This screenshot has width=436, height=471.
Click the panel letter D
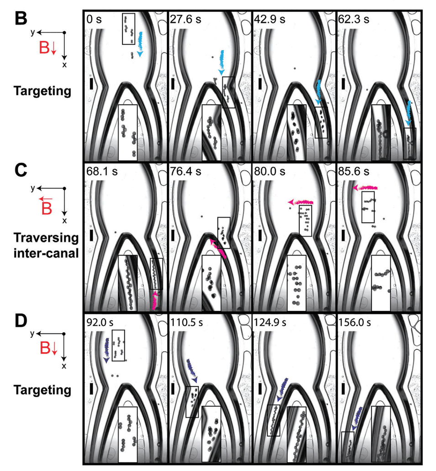(22, 322)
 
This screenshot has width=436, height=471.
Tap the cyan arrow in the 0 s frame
(141, 44)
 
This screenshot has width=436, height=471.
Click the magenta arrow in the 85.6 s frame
(365, 188)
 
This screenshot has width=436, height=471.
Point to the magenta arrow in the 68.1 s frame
(155, 300)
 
